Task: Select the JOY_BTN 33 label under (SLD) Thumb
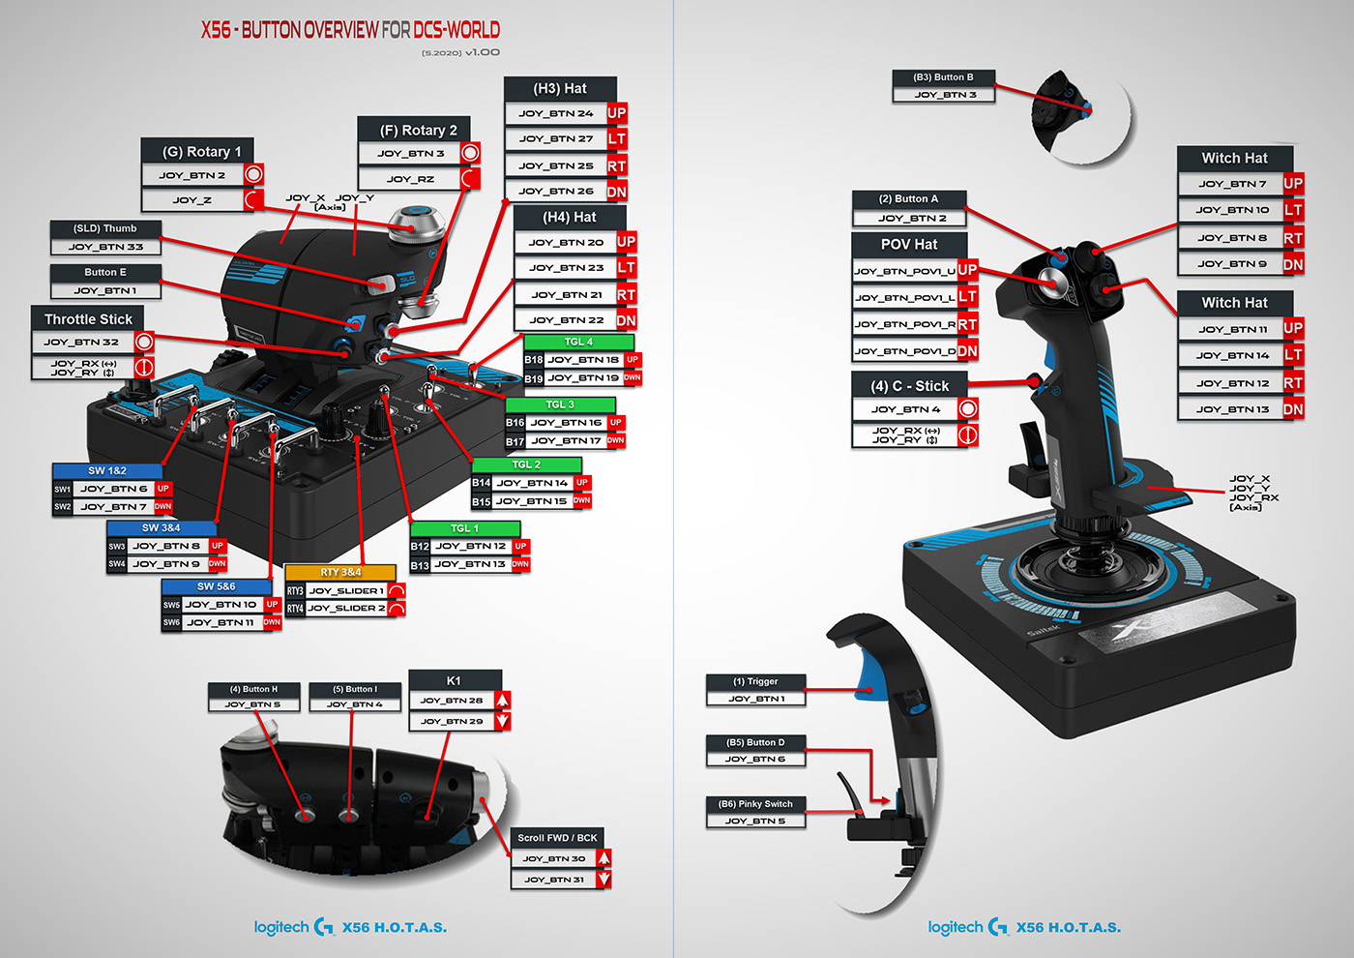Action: tap(105, 247)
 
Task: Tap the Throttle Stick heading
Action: tap(88, 318)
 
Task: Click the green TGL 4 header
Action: tap(578, 342)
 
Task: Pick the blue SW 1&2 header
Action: tap(107, 470)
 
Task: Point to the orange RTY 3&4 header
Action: tap(340, 572)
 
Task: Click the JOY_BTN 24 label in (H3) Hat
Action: tap(555, 113)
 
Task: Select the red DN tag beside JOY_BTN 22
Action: tap(626, 320)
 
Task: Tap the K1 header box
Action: tap(454, 680)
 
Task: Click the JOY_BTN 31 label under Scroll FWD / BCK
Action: tap(553, 880)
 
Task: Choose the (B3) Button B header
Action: tap(943, 77)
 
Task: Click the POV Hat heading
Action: tap(909, 244)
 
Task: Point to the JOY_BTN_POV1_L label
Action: tap(905, 298)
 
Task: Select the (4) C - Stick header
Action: tap(909, 385)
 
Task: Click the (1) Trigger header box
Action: tap(754, 681)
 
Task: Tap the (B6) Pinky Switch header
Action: tap(755, 804)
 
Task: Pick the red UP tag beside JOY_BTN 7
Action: tap(1293, 183)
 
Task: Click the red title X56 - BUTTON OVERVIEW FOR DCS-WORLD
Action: tap(350, 30)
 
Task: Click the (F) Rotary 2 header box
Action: tap(418, 130)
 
